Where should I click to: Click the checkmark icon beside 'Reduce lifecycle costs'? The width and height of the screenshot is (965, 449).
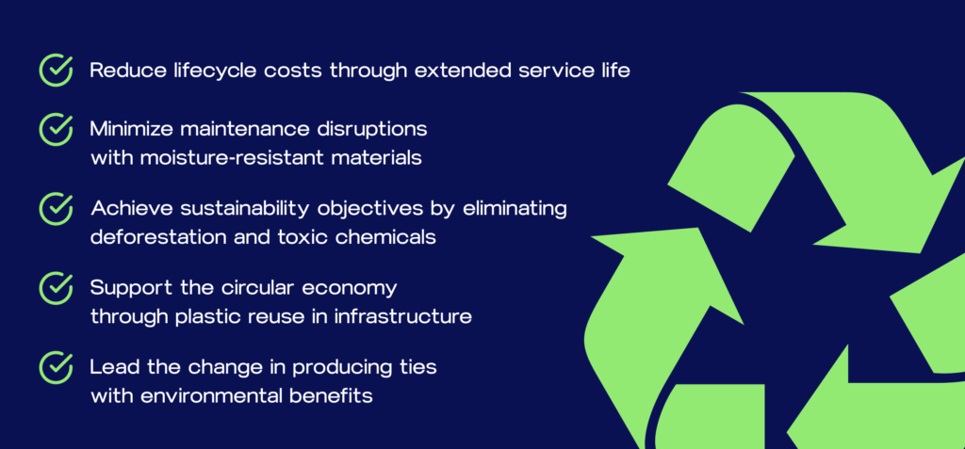tap(56, 70)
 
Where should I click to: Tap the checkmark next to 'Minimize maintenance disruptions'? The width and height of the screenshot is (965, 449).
tap(56, 129)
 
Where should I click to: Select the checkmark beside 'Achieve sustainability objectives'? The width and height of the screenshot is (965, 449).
tap(56, 209)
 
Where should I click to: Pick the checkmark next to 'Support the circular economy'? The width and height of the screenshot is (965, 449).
tap(56, 288)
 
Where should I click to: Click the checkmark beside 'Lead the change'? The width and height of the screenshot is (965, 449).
tap(56, 367)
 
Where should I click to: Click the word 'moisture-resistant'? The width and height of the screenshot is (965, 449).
tap(233, 158)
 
